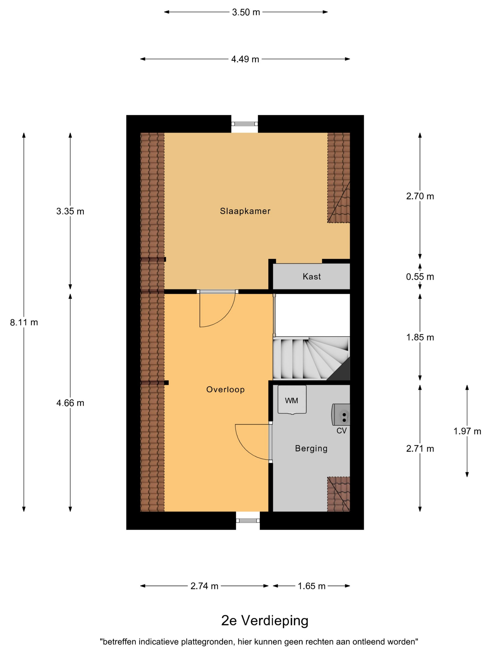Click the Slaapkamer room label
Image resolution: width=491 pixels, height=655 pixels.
(x=245, y=211)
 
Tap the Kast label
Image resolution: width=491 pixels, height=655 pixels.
(x=312, y=277)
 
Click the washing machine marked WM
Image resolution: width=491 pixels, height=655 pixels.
(x=292, y=400)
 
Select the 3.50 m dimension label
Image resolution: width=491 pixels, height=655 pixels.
(x=246, y=12)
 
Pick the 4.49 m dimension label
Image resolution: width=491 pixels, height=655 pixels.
(x=245, y=59)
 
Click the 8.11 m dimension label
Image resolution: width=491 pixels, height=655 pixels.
(x=24, y=322)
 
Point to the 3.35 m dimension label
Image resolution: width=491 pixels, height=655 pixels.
(x=70, y=211)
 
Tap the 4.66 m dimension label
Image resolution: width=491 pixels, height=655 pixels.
(x=70, y=403)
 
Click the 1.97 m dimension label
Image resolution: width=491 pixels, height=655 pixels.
(x=467, y=431)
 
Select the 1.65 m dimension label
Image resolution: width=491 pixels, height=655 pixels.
(x=312, y=586)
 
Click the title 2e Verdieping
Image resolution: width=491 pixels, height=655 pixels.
(x=265, y=621)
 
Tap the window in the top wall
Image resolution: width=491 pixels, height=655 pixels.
(x=245, y=124)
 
